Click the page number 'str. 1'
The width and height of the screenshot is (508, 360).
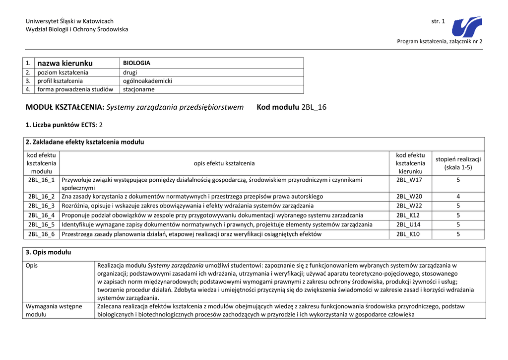pyautogui.click(x=439, y=21)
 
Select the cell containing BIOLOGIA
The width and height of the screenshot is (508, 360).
pyautogui.click(x=136, y=63)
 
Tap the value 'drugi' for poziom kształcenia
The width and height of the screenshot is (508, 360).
pyautogui.click(x=130, y=72)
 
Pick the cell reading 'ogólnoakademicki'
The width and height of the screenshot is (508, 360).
pyautogui.click(x=147, y=81)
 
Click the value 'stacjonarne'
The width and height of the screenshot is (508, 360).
pyautogui.click(x=138, y=89)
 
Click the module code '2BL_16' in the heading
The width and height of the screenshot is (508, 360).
pyautogui.click(x=314, y=107)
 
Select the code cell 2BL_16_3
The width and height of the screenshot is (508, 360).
pyautogui.click(x=41, y=206)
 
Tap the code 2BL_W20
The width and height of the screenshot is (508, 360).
pyautogui.click(x=409, y=196)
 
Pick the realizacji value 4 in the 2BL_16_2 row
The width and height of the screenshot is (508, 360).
pyautogui.click(x=458, y=196)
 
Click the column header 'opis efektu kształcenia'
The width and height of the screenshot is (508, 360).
pyautogui.click(x=224, y=163)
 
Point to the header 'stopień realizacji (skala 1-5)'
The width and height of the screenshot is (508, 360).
pyautogui.click(x=458, y=163)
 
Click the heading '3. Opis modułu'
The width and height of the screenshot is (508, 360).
pyautogui.click(x=48, y=252)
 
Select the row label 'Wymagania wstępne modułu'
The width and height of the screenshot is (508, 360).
pyautogui.click(x=54, y=310)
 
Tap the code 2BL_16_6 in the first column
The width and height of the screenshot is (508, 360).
pyautogui.click(x=41, y=234)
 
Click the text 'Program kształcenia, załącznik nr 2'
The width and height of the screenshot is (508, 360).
pyautogui.click(x=440, y=41)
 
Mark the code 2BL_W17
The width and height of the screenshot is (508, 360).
pyautogui.click(x=409, y=180)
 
